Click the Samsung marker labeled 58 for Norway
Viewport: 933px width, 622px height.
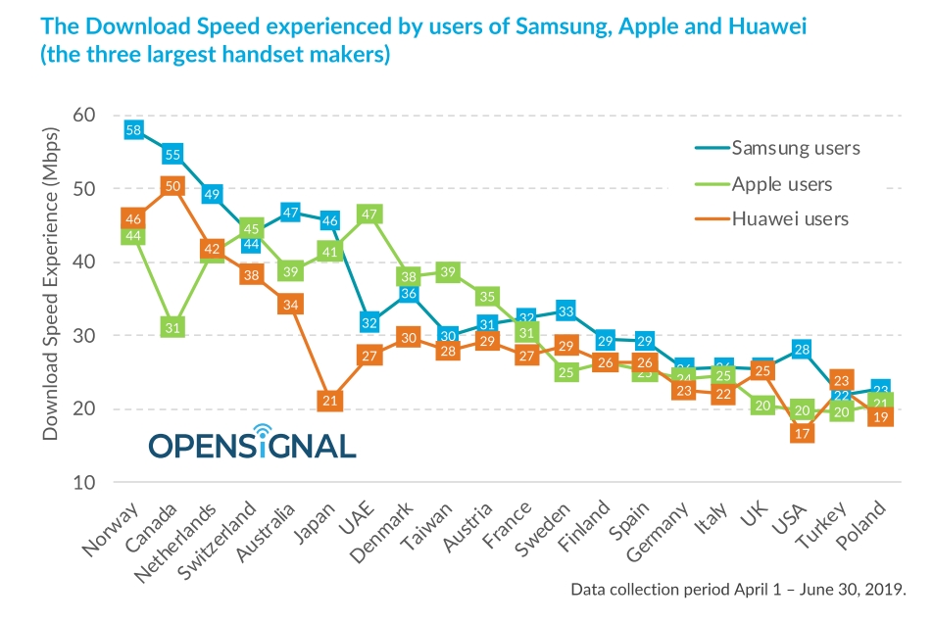point(133,129)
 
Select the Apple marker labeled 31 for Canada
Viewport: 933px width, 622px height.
point(172,327)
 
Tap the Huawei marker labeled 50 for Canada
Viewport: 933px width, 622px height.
point(172,186)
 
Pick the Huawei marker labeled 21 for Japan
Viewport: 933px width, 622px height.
point(330,400)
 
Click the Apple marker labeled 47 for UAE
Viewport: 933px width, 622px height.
point(370,214)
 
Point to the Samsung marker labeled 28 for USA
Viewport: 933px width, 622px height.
point(802,350)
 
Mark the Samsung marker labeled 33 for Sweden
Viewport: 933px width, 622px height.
point(565,311)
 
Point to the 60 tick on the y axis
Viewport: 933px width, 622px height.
point(83,115)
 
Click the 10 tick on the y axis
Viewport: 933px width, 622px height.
point(83,483)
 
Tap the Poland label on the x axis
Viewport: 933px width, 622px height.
point(862,529)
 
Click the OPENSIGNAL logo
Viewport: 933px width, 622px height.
point(252,443)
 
